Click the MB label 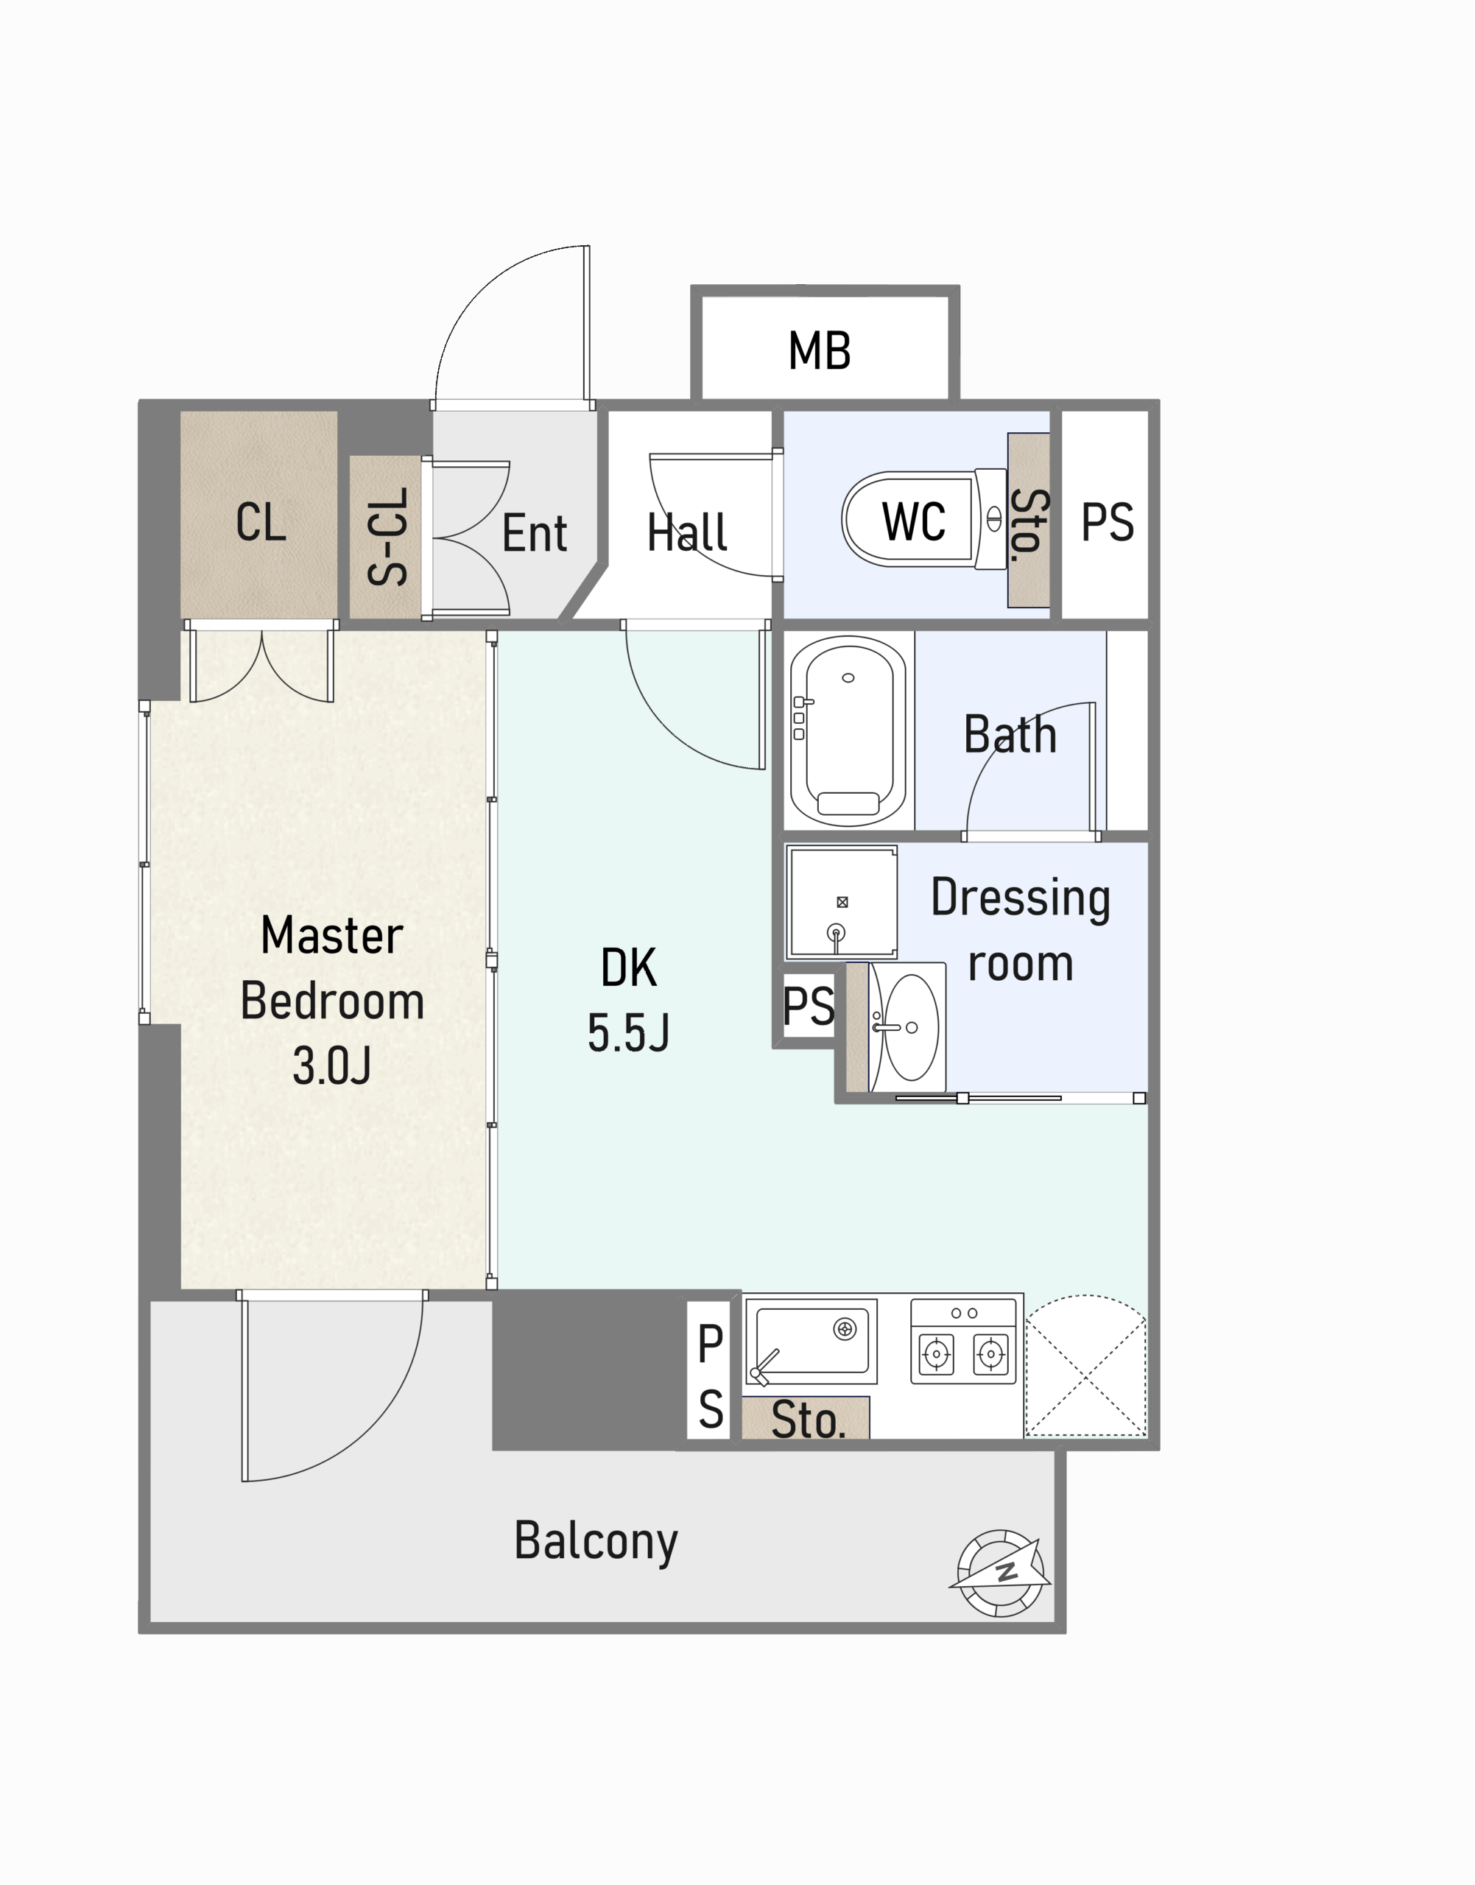[x=820, y=350]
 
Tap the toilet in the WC [x=924, y=519]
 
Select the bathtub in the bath [x=848, y=730]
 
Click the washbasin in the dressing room [x=907, y=1026]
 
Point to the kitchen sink [x=811, y=1341]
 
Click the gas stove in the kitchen [x=964, y=1341]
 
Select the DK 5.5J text [x=629, y=1000]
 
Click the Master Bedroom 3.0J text [x=331, y=1000]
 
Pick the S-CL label [x=387, y=536]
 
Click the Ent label [x=535, y=533]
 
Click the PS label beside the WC [x=1108, y=522]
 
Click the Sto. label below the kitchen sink [x=807, y=1421]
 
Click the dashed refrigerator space [x=1086, y=1366]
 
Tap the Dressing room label [x=1021, y=930]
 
